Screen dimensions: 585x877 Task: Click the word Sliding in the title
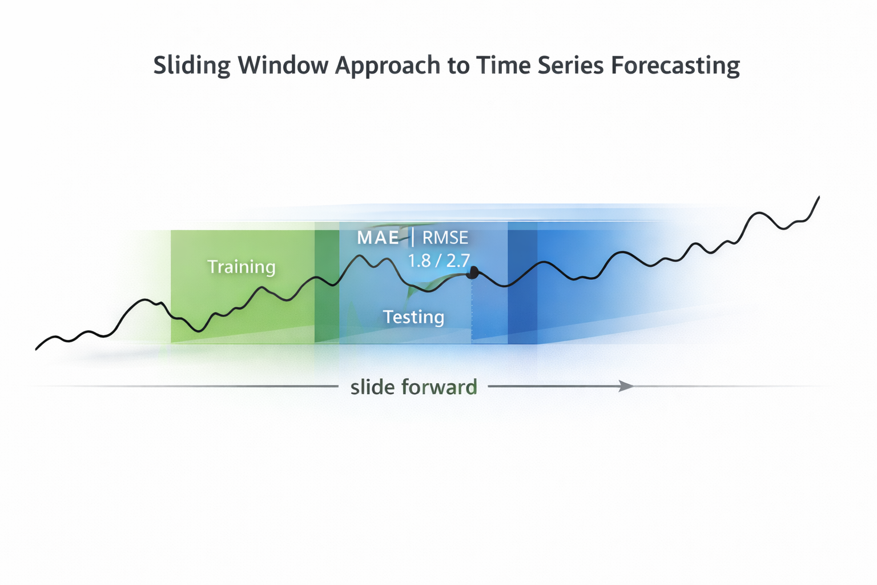click(191, 66)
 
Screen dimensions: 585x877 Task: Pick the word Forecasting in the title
click(675, 66)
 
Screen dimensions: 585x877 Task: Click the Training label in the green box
click(241, 267)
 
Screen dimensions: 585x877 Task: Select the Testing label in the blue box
click(413, 316)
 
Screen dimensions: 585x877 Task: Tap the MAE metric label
click(378, 238)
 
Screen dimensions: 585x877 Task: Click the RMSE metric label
click(445, 238)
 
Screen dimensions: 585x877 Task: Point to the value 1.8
click(419, 261)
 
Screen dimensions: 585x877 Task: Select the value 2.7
click(458, 261)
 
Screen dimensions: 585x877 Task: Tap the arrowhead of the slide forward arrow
click(627, 386)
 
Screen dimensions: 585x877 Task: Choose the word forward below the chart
click(439, 387)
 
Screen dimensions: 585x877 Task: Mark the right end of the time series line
click(819, 197)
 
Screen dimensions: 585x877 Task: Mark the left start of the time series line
click(37, 348)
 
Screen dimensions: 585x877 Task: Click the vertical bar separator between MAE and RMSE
click(412, 237)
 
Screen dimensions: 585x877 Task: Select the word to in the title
click(458, 66)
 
